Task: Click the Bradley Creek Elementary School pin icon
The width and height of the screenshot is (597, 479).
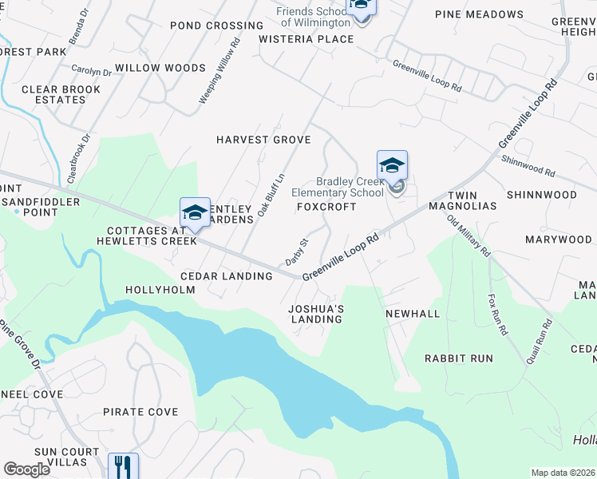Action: click(392, 166)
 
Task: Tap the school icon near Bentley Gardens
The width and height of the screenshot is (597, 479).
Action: click(195, 213)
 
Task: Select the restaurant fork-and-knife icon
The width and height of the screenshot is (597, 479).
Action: click(123, 466)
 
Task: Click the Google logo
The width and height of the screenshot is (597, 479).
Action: click(27, 469)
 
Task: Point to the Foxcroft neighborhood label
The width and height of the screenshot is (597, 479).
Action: click(326, 206)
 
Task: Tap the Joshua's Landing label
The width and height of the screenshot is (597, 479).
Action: click(315, 314)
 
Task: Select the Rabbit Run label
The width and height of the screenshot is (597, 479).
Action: click(458, 358)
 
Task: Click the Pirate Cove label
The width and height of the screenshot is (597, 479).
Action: click(140, 412)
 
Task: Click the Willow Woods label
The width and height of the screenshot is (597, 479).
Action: click(160, 68)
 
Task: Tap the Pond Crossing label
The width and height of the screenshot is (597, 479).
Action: click(205, 26)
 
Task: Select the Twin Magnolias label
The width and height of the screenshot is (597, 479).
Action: click(472, 200)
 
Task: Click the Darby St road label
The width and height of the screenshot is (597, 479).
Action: click(297, 252)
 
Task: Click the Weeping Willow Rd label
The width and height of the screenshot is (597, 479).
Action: click(219, 73)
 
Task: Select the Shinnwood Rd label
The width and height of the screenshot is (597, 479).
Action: click(528, 166)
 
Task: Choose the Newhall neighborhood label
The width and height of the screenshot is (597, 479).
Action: click(413, 314)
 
